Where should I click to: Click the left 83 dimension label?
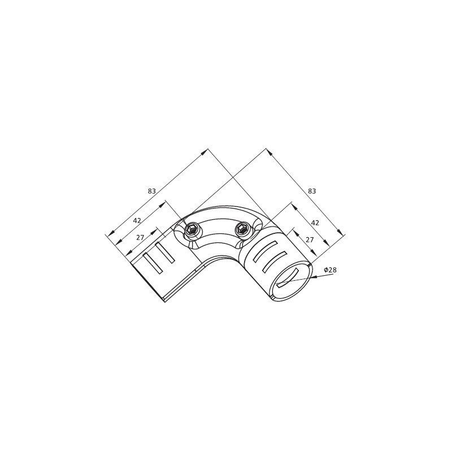coord(152,191)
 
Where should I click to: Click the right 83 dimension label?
coord(312,191)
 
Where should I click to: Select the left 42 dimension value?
coord(137,220)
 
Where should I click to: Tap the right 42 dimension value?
coord(315,223)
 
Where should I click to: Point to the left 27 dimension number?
coord(140,237)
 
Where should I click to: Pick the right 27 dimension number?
coord(309,240)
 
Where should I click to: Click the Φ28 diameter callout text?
coord(330,270)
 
